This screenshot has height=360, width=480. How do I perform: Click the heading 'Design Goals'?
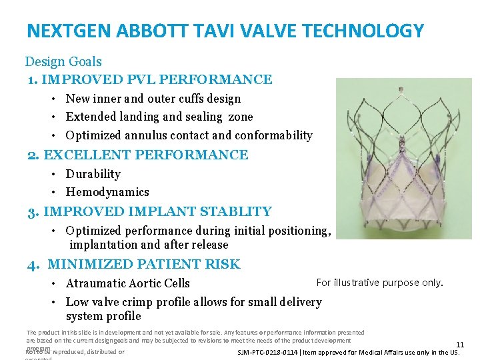(63, 62)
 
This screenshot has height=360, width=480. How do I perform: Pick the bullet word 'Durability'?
(93, 174)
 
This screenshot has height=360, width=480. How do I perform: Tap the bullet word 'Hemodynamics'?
(107, 192)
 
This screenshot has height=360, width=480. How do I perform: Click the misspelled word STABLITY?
(234, 212)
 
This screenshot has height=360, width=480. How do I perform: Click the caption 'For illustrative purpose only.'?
(379, 283)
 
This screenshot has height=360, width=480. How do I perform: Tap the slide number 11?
(459, 345)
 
